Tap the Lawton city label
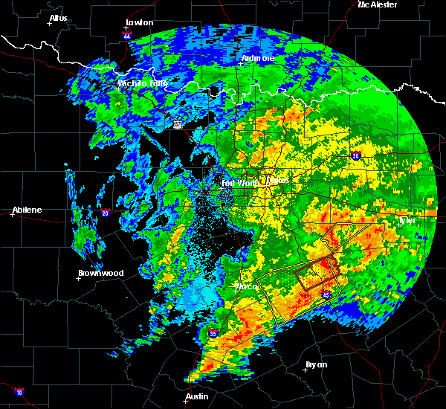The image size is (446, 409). point(140,22)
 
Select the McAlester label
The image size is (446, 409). point(378,4)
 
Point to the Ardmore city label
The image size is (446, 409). point(258,58)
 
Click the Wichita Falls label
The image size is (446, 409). point(142,83)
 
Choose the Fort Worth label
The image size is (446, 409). point(239,182)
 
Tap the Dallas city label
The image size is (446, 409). point(277,181)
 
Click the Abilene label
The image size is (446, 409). point(27,210)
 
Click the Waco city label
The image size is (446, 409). point(246,286)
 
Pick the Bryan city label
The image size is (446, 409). point(316,364)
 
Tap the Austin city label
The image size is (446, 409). point(197,396)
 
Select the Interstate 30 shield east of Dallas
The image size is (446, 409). point(355,155)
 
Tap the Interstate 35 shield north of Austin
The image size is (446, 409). point(213,334)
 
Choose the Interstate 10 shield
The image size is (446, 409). point(18,391)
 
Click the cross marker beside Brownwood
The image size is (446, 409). point(79,280)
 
